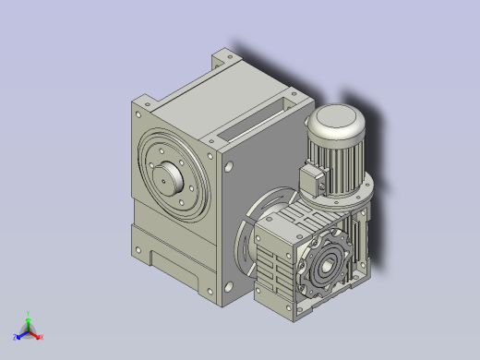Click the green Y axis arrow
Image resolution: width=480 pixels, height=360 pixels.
(29, 321)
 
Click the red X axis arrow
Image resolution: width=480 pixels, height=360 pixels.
(36, 335)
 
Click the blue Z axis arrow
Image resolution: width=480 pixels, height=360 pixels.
(20, 335)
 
